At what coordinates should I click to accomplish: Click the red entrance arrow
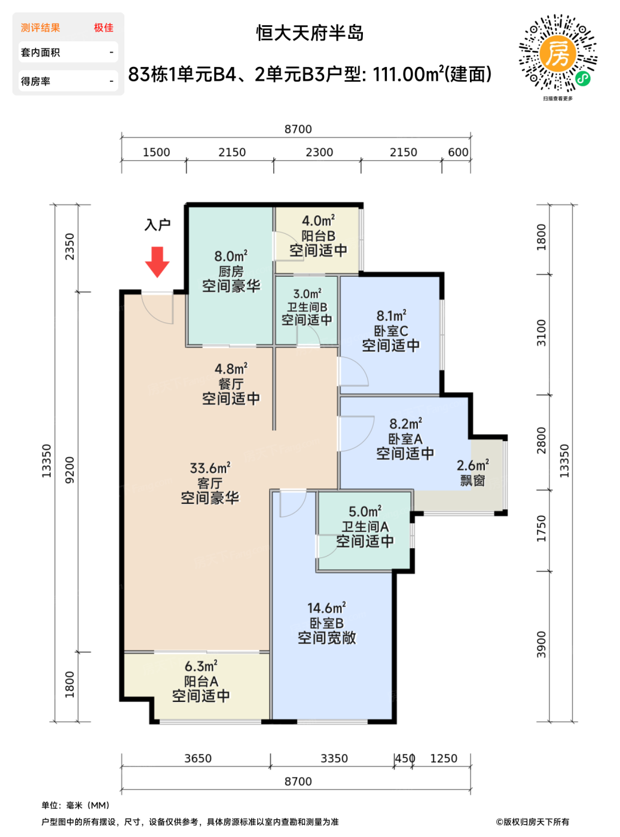[x=157, y=262]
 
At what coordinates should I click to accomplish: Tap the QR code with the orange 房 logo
[x=557, y=53]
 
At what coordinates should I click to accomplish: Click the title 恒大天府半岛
[x=310, y=33]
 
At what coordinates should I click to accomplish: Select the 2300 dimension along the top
[x=319, y=152]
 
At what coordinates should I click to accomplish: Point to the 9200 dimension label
[x=70, y=470]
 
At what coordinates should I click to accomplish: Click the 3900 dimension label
[x=541, y=644]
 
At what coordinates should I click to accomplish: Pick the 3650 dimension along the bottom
[x=198, y=759]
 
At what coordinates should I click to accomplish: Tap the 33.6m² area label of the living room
[x=210, y=468]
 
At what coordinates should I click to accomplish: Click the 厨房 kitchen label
[x=231, y=271]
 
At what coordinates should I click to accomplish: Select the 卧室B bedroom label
[x=327, y=623]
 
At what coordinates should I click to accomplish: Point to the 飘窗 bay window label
[x=472, y=481]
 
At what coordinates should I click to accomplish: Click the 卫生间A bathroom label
[x=365, y=527]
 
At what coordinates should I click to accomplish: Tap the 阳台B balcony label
[x=318, y=236]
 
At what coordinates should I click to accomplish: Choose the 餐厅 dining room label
[x=231, y=384]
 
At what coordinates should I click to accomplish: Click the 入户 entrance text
[x=158, y=225]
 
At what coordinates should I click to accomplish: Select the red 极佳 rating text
[x=104, y=28]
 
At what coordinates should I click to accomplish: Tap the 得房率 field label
[x=35, y=81]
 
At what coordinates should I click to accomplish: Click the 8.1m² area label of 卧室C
[x=392, y=316]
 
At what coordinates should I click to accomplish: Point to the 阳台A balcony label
[x=201, y=681]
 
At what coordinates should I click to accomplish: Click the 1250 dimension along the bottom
[x=444, y=759]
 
